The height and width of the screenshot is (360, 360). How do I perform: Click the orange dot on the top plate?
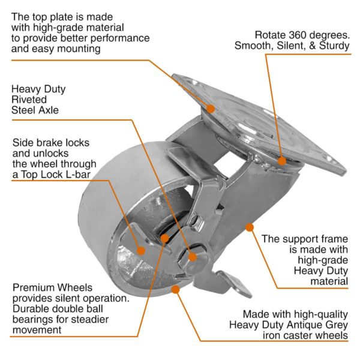pyautogui.click(x=211, y=108)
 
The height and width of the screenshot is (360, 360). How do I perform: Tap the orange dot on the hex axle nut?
pyautogui.click(x=193, y=256)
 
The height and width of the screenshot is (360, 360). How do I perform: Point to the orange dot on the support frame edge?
pyautogui.click(x=248, y=227)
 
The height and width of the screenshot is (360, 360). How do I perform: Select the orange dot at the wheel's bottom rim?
pyautogui.click(x=176, y=289)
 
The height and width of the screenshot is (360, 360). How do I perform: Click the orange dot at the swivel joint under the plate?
pyautogui.click(x=282, y=160)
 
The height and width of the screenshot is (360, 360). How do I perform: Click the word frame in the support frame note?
pyautogui.click(x=332, y=238)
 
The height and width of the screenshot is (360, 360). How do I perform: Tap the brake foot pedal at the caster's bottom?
pyautogui.click(x=236, y=282)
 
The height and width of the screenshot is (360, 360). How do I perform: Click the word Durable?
pyautogui.click(x=31, y=309)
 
